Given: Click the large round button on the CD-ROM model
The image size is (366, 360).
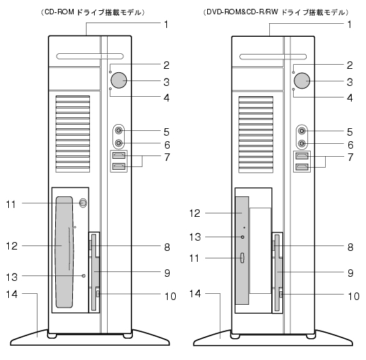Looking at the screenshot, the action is click(x=119, y=80).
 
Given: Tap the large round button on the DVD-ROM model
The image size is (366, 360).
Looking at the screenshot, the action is click(x=302, y=80).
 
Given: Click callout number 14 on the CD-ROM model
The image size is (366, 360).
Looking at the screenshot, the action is click(x=12, y=294).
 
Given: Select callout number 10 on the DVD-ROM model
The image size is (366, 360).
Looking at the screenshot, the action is click(x=354, y=297).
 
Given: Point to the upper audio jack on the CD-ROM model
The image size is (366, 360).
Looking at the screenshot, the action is click(x=119, y=130).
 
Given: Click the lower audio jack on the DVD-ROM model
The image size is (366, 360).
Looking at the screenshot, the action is click(x=302, y=143).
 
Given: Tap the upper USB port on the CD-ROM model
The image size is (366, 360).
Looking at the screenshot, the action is click(x=119, y=155).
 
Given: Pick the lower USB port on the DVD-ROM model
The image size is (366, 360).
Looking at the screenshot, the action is click(x=302, y=166).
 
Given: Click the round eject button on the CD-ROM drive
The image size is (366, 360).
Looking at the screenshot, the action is click(x=83, y=203).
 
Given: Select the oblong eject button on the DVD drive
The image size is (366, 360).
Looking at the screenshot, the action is click(x=242, y=258).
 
